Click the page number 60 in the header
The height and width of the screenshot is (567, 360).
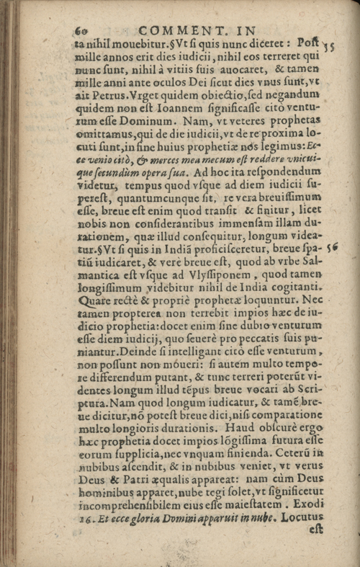80,30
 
